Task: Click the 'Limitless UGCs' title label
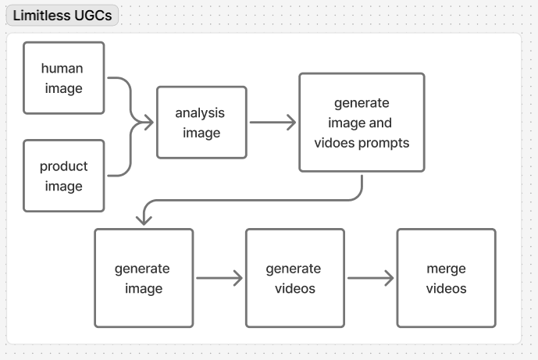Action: pyautogui.click(x=62, y=16)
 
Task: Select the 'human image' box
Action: pyautogui.click(x=63, y=78)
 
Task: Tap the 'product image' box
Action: pyautogui.click(x=63, y=176)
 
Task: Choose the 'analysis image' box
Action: pyautogui.click(x=201, y=123)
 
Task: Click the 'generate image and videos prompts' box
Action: pyautogui.click(x=362, y=123)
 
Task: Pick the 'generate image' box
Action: pyautogui.click(x=144, y=278)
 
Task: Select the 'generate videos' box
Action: pyautogui.click(x=294, y=278)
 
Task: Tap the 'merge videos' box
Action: pyautogui.click(x=446, y=278)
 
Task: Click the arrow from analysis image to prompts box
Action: pyautogui.click(x=272, y=123)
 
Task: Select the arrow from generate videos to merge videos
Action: pyautogui.click(x=370, y=278)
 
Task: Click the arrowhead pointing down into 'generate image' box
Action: pyautogui.click(x=144, y=219)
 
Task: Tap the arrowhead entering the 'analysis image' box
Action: pyautogui.click(x=146, y=122)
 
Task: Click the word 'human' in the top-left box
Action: pyautogui.click(x=62, y=68)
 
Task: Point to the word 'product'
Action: pyautogui.click(x=63, y=166)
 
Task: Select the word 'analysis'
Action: pyautogui.click(x=200, y=112)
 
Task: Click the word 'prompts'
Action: pyautogui.click(x=383, y=143)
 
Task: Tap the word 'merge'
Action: pyautogui.click(x=446, y=268)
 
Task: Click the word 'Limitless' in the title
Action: pyautogui.click(x=41, y=16)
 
